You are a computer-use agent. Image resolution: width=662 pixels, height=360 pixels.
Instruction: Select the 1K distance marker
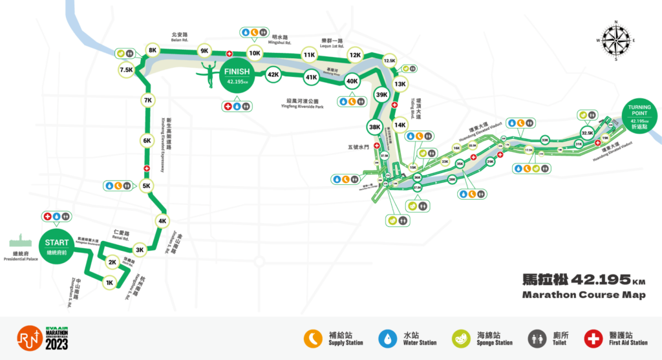110,282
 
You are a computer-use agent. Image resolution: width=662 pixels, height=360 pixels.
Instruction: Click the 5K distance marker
146,186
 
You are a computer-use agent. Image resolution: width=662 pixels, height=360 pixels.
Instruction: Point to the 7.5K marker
127,69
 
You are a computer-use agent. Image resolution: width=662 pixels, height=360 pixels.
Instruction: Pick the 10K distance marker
255,54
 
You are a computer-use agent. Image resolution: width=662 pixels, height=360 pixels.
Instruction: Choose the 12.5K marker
389,61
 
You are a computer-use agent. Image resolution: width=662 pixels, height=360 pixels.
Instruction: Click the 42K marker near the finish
273,75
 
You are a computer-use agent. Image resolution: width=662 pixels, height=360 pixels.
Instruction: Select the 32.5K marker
587,132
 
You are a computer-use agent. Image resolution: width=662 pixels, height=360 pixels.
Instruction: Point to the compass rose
616,39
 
